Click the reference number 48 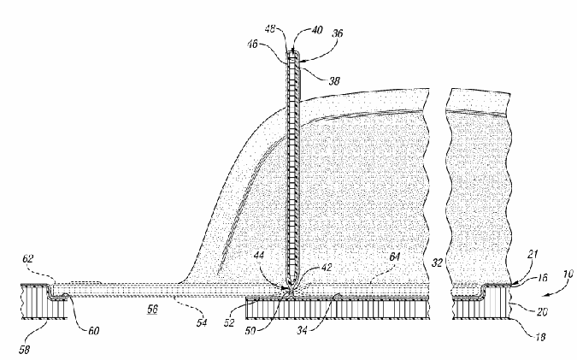click(270, 29)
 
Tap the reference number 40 click(317, 30)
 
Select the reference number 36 click(338, 33)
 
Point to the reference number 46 click(252, 44)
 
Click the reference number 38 click(334, 80)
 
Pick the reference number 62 click(28, 259)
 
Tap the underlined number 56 click(152, 310)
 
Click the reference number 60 click(94, 331)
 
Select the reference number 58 click(24, 349)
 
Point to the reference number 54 click(202, 323)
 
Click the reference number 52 click(229, 323)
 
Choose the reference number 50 click(250, 331)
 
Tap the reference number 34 click(302, 330)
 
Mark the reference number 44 click(259, 255)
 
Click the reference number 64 click(394, 257)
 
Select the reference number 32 click(437, 263)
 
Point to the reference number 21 click(533, 254)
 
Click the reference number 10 click(568, 274)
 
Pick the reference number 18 click(540, 336)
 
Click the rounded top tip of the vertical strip click(293, 51)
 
